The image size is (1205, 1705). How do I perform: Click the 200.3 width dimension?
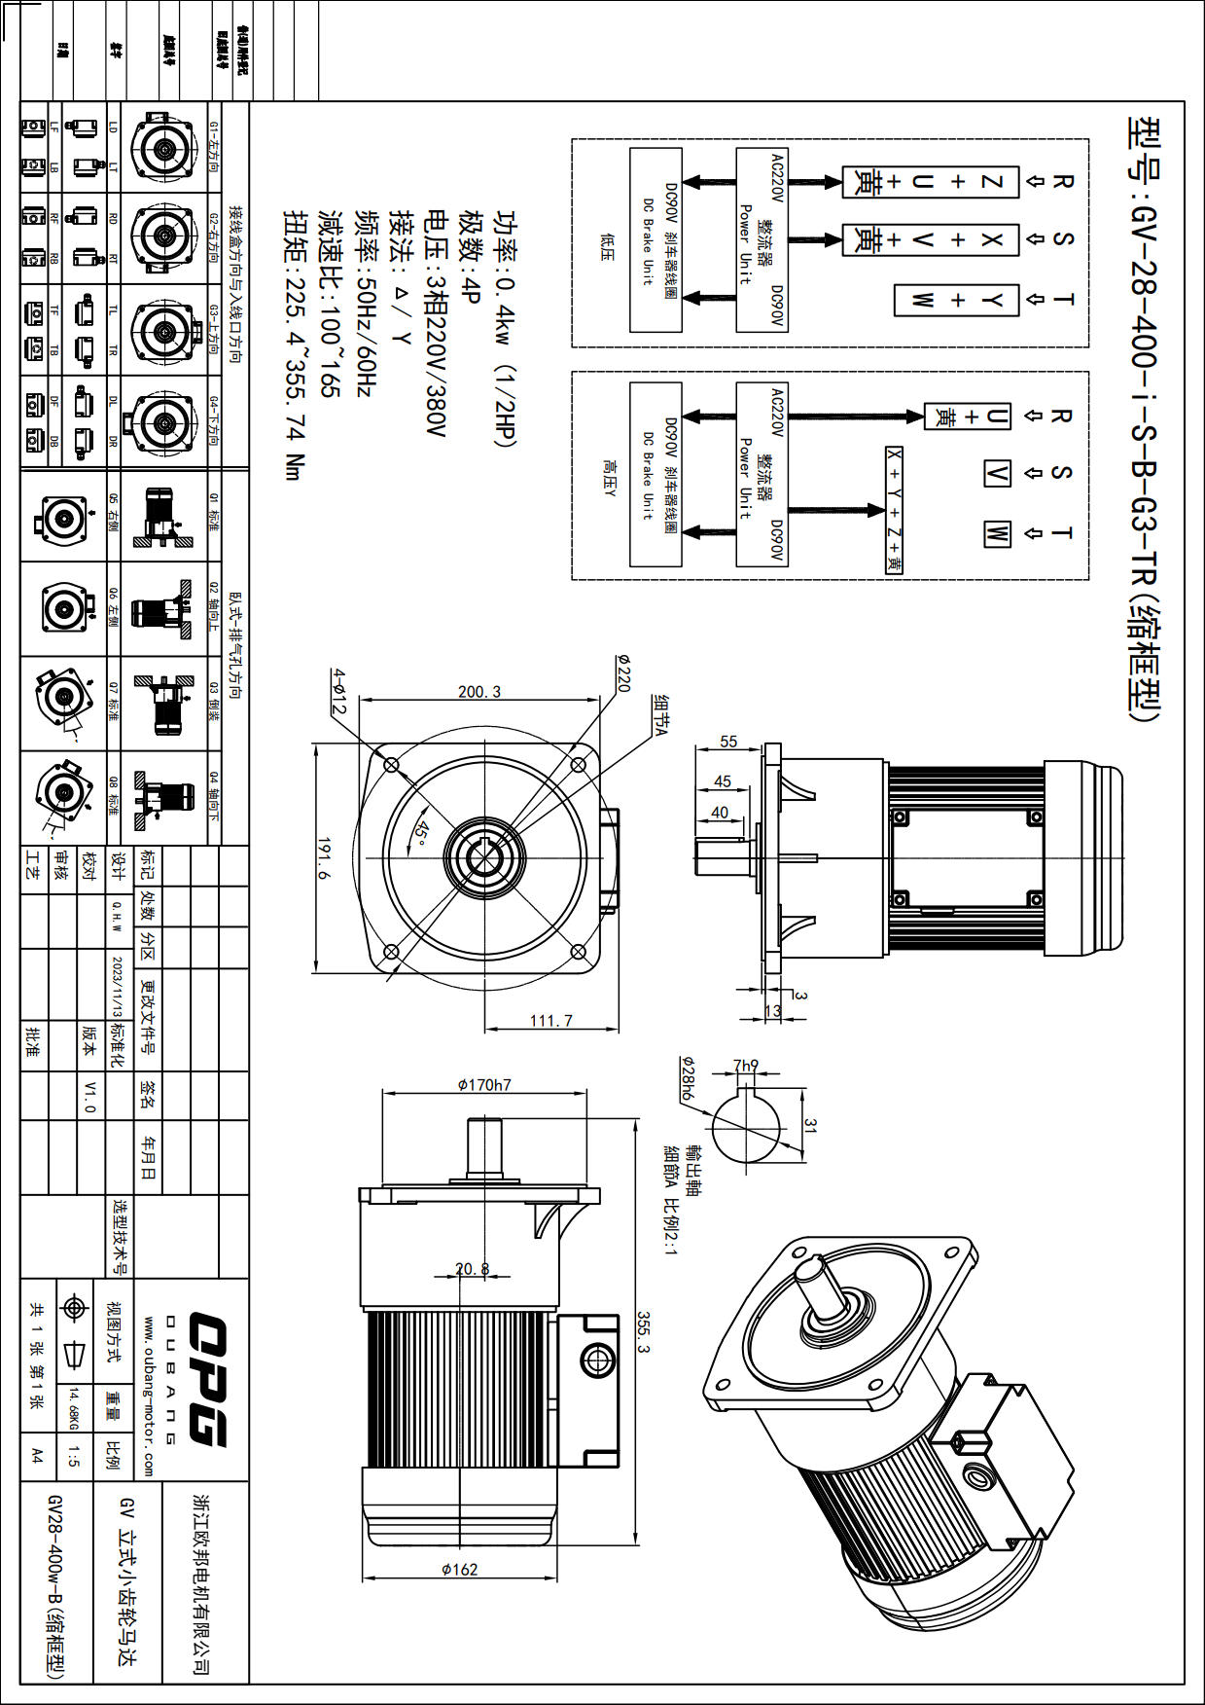click(479, 692)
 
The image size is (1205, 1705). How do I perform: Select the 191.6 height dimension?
click(324, 858)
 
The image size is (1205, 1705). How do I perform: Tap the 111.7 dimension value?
click(551, 1021)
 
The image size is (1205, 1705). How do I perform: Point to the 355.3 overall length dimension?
click(643, 1332)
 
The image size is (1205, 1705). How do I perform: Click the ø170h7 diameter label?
click(484, 1085)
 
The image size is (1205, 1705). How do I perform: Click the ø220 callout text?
click(622, 672)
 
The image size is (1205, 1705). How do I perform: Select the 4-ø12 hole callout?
click(338, 691)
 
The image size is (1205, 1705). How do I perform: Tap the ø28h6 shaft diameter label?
click(687, 1077)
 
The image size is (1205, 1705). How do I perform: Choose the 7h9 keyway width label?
click(745, 1066)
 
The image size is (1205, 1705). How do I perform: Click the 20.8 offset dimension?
click(473, 1269)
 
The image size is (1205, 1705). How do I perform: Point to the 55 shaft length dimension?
click(728, 742)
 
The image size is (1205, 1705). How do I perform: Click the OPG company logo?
click(206, 1378)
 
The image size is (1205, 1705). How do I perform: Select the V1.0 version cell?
click(89, 1096)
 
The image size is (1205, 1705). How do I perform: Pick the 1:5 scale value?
click(74, 1456)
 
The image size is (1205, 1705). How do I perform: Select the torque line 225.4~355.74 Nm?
click(294, 345)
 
